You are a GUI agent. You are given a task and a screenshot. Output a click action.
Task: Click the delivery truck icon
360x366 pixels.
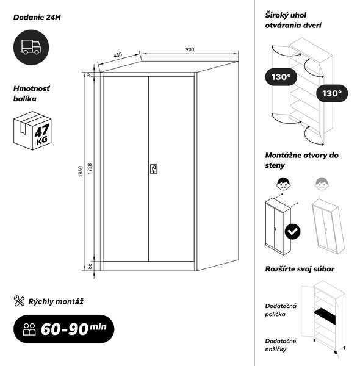[31, 47]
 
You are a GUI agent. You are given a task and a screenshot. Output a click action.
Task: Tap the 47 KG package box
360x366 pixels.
[32, 131]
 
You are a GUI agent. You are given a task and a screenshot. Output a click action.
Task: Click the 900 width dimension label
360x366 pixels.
[190, 49]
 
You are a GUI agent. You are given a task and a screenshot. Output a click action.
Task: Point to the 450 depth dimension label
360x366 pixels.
[118, 55]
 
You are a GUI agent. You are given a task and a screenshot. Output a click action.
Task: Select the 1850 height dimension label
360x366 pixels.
[81, 171]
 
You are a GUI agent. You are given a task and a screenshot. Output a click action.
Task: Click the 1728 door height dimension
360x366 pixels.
[90, 168]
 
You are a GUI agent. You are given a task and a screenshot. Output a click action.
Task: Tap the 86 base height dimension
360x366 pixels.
[90, 266]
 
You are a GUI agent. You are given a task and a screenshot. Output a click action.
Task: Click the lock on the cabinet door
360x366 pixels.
[154, 169]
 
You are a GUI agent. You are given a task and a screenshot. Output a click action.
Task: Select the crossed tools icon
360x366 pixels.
[19, 301]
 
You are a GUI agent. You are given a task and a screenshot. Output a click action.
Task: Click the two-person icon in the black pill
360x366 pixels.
[29, 329]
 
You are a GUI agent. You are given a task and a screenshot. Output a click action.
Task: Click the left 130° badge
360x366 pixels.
[281, 77]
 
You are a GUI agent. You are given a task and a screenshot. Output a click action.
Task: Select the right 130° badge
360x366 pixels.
[332, 93]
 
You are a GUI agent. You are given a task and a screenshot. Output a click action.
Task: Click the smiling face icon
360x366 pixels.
[284, 184]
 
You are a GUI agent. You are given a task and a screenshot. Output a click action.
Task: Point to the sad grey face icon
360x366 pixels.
[322, 184]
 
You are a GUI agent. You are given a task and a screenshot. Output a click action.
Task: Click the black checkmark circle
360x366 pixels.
[292, 231]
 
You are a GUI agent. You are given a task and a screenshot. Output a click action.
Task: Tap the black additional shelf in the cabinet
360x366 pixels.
[325, 316]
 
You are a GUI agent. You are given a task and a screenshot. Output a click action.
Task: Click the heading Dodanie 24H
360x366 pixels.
[37, 17]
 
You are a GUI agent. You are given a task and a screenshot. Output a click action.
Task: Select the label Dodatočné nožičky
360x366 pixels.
[281, 345]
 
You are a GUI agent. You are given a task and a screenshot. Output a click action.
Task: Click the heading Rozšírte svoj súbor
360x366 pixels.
[300, 269]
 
